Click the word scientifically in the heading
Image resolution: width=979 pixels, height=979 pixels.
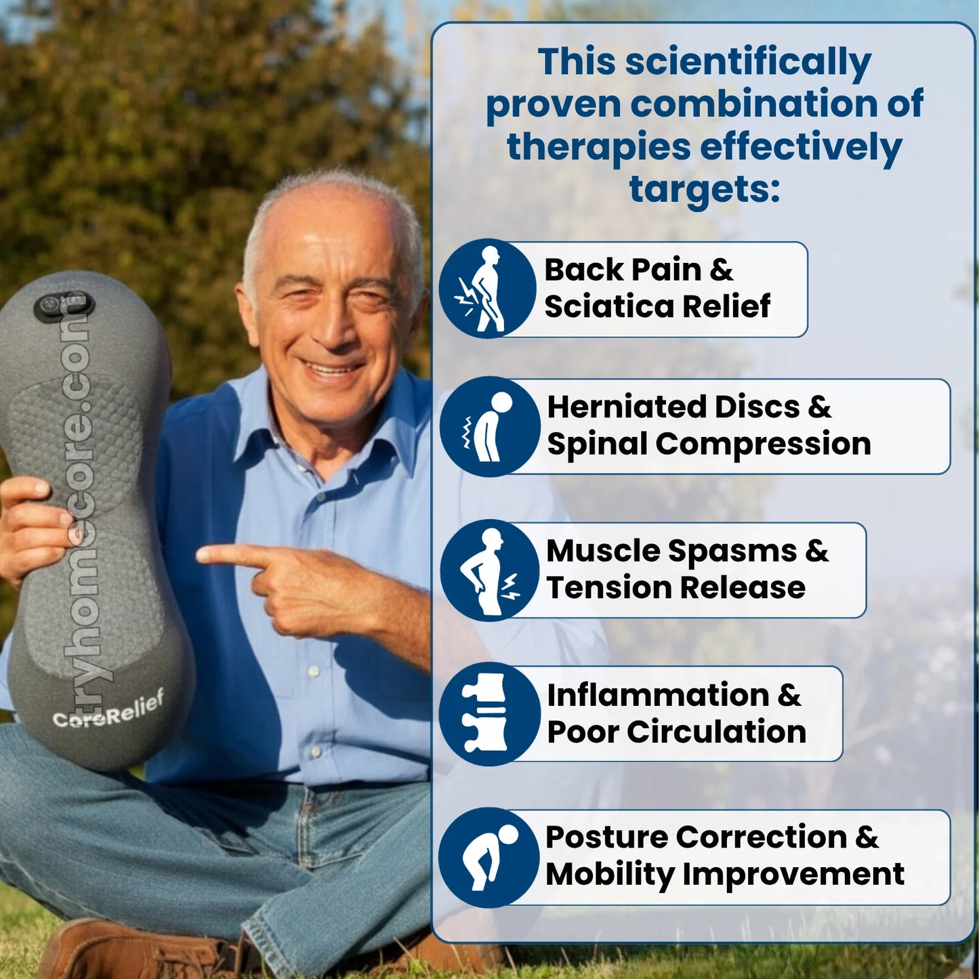tap(748, 62)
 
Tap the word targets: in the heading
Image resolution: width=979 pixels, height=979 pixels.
tap(705, 189)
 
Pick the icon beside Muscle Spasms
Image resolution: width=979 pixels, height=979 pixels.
tap(489, 570)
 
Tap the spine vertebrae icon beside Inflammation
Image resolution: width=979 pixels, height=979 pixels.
tap(488, 713)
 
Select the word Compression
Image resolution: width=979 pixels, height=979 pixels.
tap(763, 444)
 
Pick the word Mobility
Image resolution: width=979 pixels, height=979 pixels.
tap(610, 874)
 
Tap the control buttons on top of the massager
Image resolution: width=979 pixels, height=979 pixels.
tap(64, 306)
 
